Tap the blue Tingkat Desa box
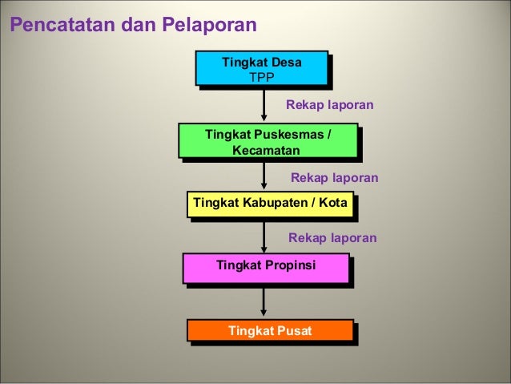point(262,68)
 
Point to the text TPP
point(262,77)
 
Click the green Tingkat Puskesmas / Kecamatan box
point(268,141)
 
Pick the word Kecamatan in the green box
point(266,150)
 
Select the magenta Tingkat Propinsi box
point(266,267)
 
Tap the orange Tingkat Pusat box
point(270,329)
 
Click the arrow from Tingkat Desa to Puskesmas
point(264,104)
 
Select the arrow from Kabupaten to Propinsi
point(264,236)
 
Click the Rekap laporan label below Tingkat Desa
point(329,105)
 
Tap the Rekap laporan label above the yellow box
point(333,177)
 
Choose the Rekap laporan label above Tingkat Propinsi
point(332,238)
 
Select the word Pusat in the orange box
point(293,329)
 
